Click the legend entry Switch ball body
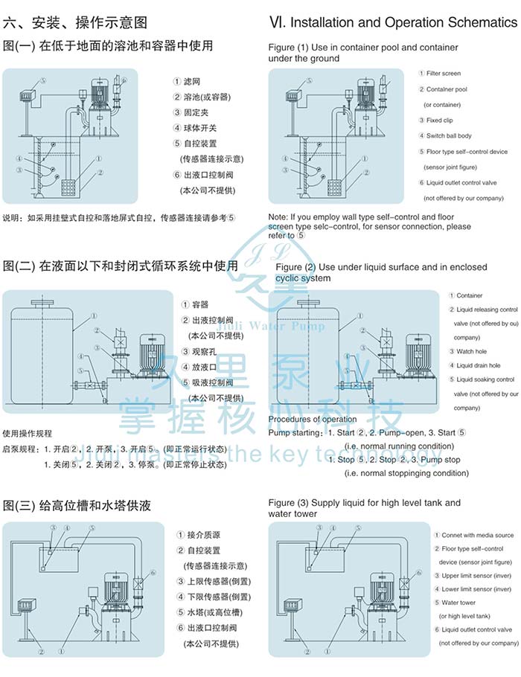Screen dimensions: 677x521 pyautogui.click(x=449, y=136)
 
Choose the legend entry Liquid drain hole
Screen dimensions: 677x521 pyautogui.click(x=478, y=365)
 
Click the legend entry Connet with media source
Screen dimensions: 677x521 pyautogui.click(x=477, y=536)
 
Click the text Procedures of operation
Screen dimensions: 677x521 pyautogui.click(x=313, y=420)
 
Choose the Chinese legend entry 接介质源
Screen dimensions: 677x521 pyautogui.click(x=202, y=536)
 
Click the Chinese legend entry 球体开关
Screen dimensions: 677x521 pyautogui.click(x=201, y=128)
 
